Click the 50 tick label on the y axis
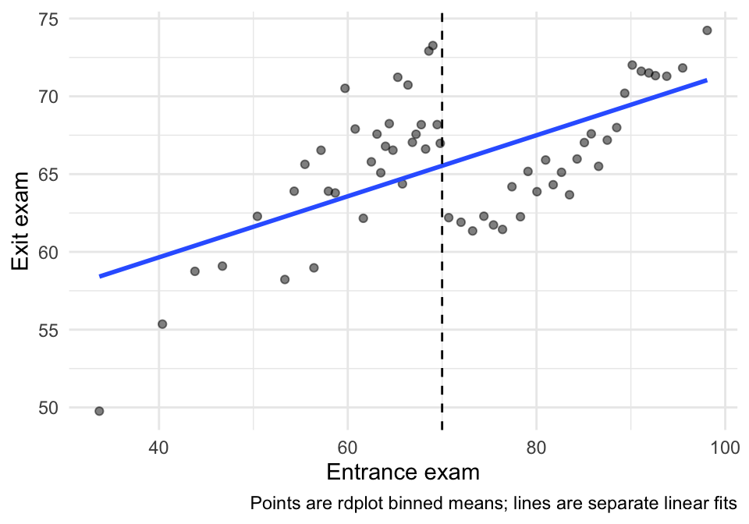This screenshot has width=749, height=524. [48, 408]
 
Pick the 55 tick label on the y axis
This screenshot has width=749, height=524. [48, 330]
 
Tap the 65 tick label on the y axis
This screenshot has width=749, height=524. [48, 174]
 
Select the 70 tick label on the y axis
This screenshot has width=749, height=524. [48, 97]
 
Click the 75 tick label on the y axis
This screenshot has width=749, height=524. [48, 19]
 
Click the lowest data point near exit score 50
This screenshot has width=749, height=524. [99, 411]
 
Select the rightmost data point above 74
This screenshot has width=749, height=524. [707, 30]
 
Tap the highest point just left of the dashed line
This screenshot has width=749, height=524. [432, 45]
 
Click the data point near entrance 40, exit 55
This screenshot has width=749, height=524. [162, 324]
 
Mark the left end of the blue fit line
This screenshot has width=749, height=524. [100, 276]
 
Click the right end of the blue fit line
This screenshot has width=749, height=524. [706, 80]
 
